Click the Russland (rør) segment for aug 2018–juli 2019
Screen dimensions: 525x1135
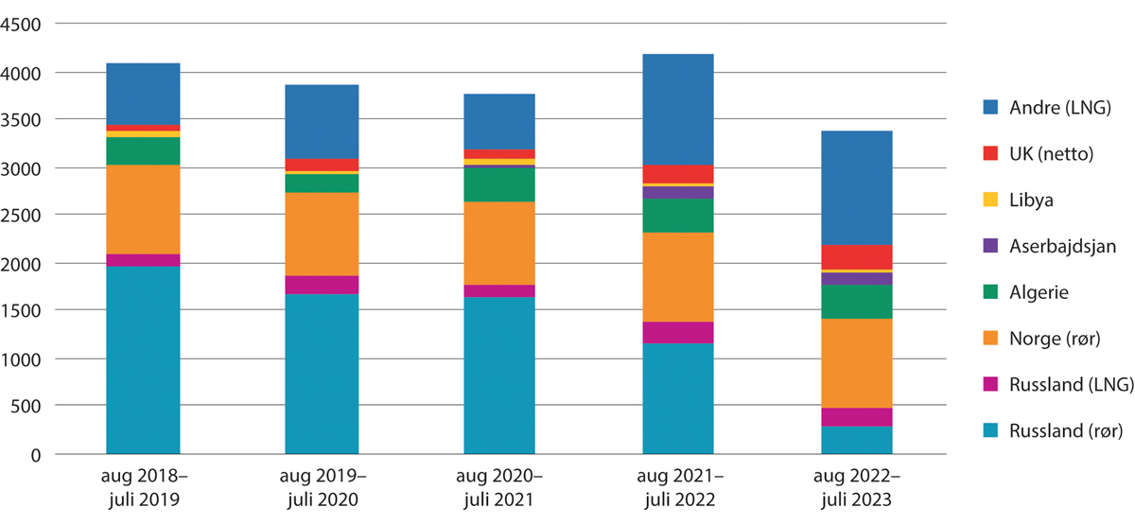(x=143, y=359)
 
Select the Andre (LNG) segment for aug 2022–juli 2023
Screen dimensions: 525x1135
(x=856, y=187)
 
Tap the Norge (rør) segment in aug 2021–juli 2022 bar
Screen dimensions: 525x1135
(x=677, y=277)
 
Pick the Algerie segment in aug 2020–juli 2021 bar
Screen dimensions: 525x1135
(x=499, y=184)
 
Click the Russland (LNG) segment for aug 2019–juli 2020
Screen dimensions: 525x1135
(x=322, y=285)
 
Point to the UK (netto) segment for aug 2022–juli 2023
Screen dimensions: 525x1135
(x=856, y=257)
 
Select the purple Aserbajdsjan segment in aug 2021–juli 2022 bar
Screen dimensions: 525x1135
(x=677, y=192)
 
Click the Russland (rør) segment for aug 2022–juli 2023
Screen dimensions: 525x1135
(x=856, y=440)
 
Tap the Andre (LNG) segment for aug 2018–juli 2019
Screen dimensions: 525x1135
(x=143, y=94)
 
